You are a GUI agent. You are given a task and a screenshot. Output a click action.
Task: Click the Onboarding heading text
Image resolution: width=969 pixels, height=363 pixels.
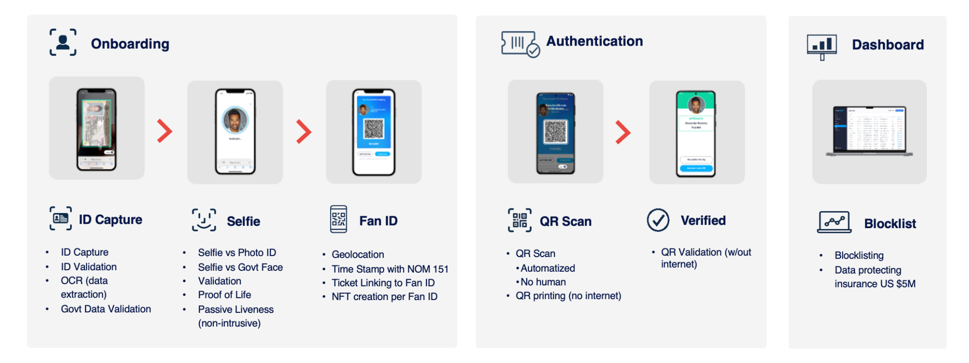pos(130,44)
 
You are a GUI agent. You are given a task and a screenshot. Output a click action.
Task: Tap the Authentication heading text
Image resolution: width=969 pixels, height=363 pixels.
pos(594,42)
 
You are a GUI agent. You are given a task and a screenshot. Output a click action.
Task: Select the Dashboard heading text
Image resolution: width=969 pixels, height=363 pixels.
pos(887,45)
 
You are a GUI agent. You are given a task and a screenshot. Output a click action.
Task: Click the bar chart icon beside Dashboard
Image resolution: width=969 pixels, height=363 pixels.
pos(822,46)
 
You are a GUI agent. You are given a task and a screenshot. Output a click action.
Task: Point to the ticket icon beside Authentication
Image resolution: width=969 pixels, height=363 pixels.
pos(520,44)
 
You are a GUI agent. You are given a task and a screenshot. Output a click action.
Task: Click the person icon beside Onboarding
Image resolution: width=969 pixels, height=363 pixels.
pos(63,42)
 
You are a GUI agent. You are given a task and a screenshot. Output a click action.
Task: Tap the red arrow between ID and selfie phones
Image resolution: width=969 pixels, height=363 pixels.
pos(164,131)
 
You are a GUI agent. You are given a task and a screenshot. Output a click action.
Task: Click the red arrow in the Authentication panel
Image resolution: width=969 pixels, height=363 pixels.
pos(623,132)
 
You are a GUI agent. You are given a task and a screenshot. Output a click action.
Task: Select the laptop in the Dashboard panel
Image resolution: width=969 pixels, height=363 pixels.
pos(869,131)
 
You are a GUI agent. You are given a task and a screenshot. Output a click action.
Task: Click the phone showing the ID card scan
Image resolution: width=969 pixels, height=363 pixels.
pos(97,129)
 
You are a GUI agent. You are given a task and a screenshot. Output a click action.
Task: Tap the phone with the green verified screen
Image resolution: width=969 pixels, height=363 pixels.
pos(696,133)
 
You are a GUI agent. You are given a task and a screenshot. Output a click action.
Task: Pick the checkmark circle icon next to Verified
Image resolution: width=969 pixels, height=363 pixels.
pos(658,220)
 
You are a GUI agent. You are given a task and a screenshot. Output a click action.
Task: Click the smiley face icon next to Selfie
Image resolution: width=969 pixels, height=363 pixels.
pos(204,220)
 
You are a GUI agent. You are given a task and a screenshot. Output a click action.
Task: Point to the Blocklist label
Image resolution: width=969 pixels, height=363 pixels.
pos(890,224)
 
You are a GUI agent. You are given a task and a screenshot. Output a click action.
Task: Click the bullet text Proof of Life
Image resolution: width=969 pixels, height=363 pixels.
pos(224,295)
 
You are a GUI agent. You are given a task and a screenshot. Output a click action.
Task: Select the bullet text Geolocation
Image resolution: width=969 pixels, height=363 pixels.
pos(358,255)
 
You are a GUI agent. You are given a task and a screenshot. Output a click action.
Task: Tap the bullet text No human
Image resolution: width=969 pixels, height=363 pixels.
pos(543,282)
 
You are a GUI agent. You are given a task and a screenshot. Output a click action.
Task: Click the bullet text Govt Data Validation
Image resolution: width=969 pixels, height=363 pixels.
pos(106,309)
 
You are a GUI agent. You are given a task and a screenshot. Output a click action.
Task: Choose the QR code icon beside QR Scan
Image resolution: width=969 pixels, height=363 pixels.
pos(520,220)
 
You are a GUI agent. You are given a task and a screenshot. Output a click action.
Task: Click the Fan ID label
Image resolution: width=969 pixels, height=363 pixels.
pos(378,221)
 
